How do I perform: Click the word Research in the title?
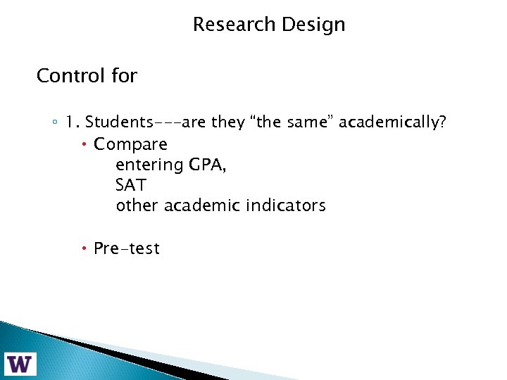tap(234, 25)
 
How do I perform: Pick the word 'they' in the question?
tap(227, 123)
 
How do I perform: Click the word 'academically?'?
tap(392, 123)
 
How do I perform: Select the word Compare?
tap(130, 144)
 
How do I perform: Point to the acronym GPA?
tap(206, 165)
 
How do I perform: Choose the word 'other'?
tap(137, 206)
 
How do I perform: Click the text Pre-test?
tap(127, 248)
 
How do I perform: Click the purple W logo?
tap(20, 363)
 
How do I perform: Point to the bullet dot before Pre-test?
tap(84, 248)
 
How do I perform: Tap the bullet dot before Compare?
tap(84, 144)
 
